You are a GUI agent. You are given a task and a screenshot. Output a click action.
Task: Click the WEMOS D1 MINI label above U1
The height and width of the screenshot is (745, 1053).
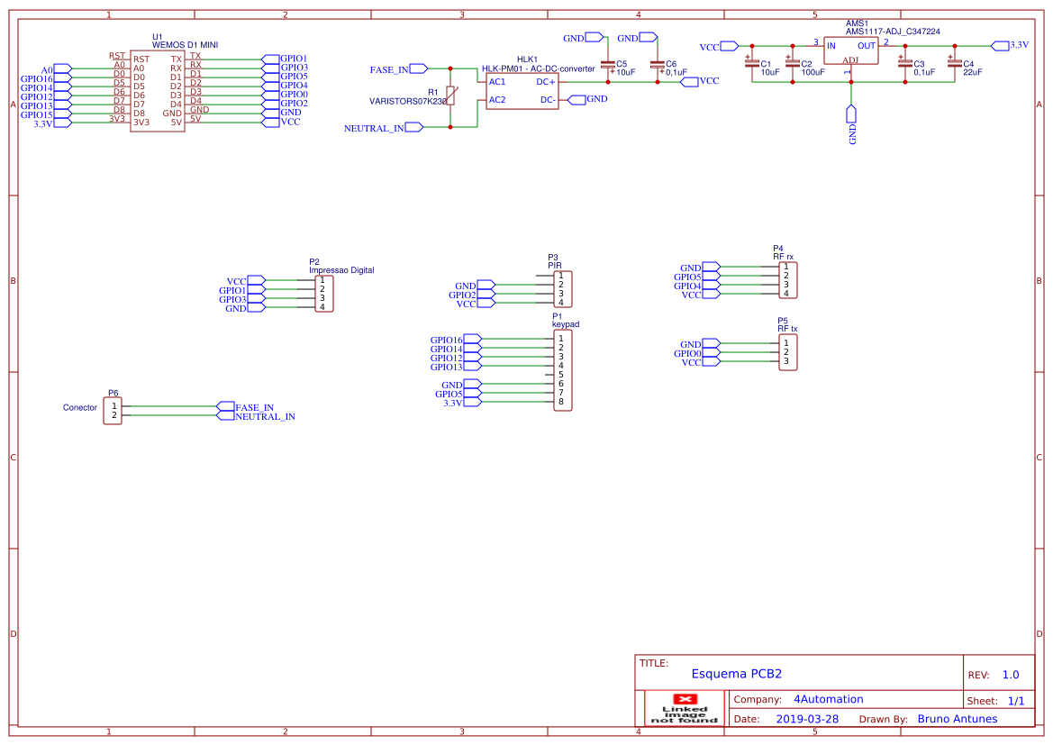(185, 44)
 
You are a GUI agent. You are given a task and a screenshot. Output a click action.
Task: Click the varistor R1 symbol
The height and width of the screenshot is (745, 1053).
(450, 95)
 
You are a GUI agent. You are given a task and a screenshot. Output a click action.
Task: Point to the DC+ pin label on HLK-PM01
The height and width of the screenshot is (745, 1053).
(546, 81)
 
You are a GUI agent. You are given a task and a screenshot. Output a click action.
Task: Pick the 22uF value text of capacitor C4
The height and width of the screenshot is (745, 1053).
(972, 72)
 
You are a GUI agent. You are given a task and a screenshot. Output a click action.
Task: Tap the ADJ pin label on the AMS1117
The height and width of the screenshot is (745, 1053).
(850, 60)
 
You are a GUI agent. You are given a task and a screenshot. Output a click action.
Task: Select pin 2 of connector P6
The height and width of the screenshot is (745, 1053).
(113, 415)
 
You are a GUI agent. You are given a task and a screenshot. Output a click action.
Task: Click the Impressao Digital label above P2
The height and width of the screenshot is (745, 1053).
(341, 270)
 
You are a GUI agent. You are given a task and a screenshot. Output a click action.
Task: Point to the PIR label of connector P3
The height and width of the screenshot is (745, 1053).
(555, 266)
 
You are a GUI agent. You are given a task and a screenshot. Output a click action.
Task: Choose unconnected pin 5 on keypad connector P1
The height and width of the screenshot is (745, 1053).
(560, 374)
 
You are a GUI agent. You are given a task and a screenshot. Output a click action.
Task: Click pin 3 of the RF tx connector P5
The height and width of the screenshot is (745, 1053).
(785, 361)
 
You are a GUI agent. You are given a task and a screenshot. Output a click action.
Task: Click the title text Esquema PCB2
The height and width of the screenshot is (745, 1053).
(736, 674)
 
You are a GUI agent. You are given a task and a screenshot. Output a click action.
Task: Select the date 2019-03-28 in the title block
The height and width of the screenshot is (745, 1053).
(807, 719)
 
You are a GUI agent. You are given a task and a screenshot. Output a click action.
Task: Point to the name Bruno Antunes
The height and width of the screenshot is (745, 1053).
(957, 719)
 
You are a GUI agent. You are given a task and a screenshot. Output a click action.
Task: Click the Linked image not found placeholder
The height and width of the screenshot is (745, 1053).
(685, 709)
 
